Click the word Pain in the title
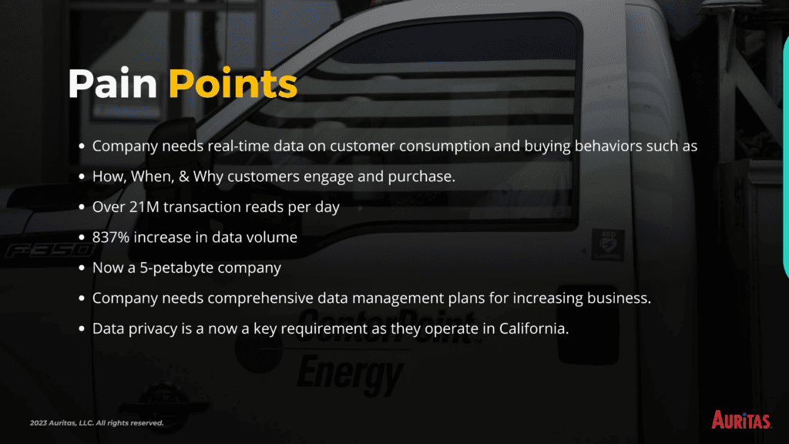[112, 83]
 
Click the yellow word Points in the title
[233, 83]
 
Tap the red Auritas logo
[740, 419]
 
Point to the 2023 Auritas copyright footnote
[96, 423]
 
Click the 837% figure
[111, 237]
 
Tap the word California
[534, 328]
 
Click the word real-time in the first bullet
[239, 146]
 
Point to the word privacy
[153, 328]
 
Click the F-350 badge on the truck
[49, 250]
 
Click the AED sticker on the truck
[608, 244]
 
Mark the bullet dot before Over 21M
[82, 207]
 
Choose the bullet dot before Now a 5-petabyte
[82, 267]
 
